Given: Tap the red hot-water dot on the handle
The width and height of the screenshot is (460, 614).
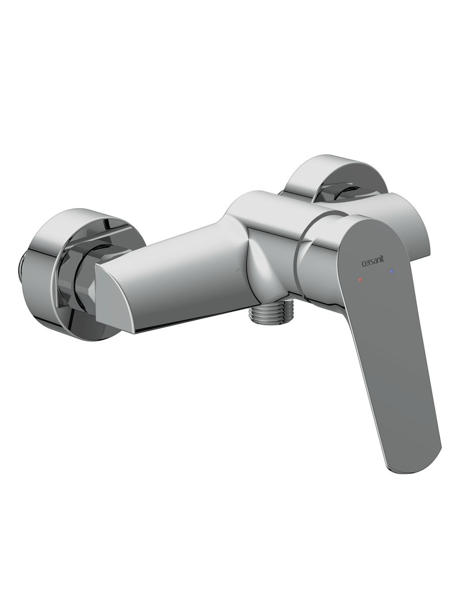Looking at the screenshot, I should click(x=360, y=280).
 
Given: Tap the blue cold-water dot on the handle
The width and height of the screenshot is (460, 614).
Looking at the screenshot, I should click(x=392, y=270).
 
